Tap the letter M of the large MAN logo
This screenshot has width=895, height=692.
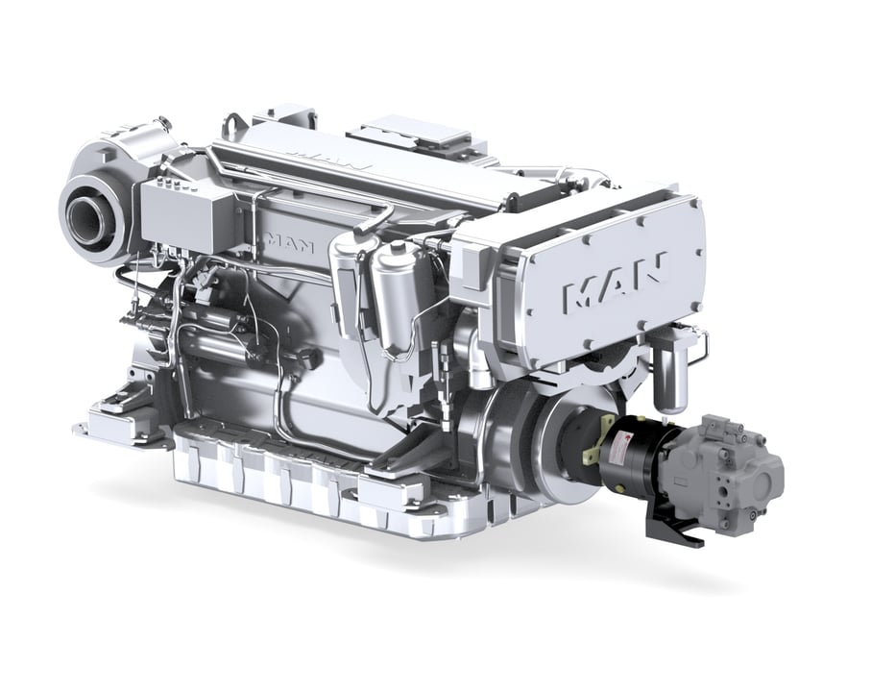pyautogui.click(x=581, y=293)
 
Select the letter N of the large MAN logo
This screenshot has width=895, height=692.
pyautogui.click(x=649, y=268)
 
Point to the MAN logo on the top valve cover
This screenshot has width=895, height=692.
pyautogui.click(x=327, y=159)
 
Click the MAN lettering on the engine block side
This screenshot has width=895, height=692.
pyautogui.click(x=290, y=242)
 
